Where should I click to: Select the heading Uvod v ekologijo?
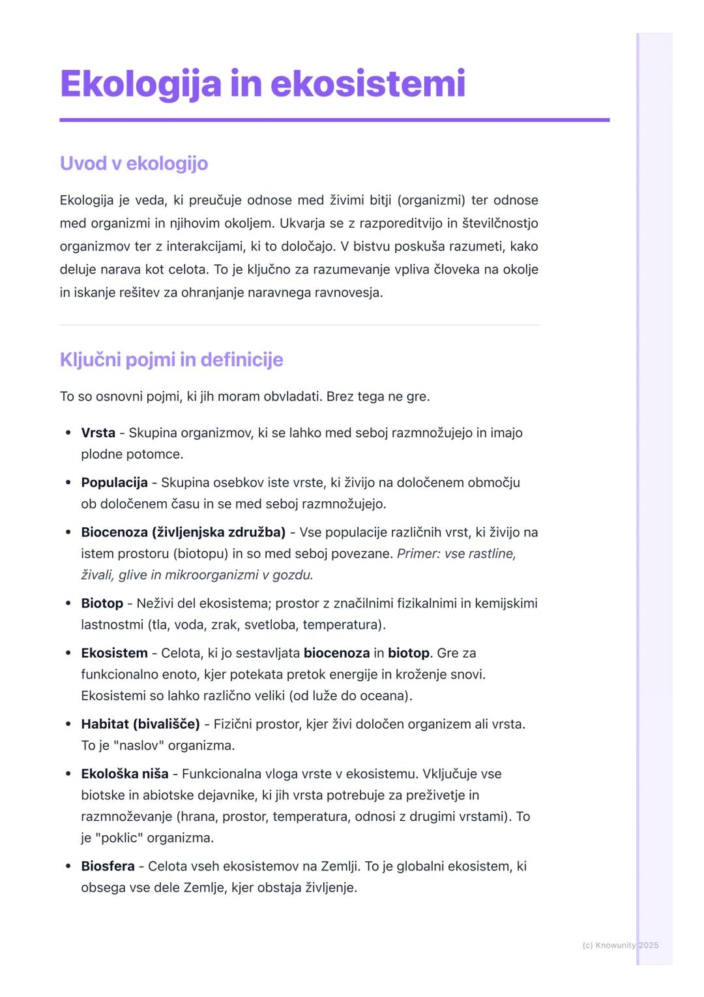[x=134, y=163]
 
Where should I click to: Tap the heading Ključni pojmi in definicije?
[x=171, y=360]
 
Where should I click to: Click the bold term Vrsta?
[x=98, y=433]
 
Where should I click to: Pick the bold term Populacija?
[x=114, y=482]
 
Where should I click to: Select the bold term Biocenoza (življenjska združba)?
[x=183, y=532]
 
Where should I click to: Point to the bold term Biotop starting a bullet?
[x=102, y=603]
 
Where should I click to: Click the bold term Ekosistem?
[x=114, y=652]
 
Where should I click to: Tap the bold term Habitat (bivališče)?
[x=140, y=724]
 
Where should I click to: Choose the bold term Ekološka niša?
[x=125, y=774]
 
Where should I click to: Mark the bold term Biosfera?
[x=108, y=866]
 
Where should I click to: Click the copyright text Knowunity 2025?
[x=620, y=945]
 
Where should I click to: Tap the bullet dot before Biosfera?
[x=68, y=867]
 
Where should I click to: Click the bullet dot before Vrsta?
[x=68, y=433]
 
